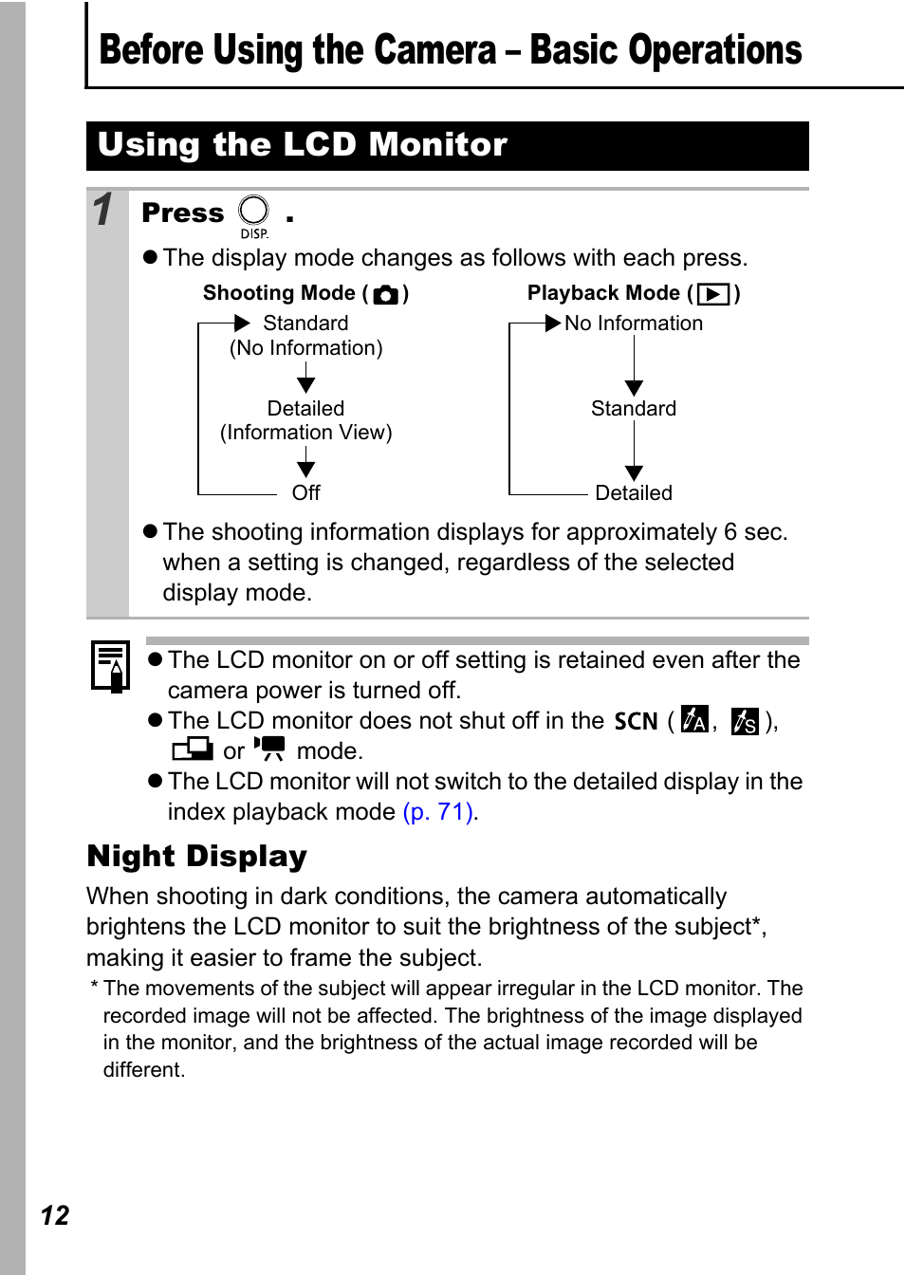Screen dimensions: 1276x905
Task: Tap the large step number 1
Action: (x=104, y=210)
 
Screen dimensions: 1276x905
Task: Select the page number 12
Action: (x=55, y=1215)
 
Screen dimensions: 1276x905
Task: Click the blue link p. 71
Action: (x=438, y=812)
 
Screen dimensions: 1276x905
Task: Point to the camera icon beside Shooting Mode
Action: (x=386, y=294)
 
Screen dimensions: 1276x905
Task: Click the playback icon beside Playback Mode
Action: (x=713, y=294)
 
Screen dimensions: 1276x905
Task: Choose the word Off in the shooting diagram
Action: (x=305, y=493)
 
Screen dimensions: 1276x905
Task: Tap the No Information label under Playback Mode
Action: (x=634, y=324)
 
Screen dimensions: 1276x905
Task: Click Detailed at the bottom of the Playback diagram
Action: (x=634, y=493)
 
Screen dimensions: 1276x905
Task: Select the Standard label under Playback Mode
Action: (x=634, y=409)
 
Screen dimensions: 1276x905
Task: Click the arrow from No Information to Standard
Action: (x=634, y=366)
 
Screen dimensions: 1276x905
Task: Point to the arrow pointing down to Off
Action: (x=305, y=463)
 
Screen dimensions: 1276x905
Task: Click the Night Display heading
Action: (x=197, y=857)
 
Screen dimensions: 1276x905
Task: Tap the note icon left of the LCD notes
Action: (x=110, y=666)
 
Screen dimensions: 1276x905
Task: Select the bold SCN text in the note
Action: (x=636, y=722)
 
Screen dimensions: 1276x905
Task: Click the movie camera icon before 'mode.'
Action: (x=269, y=749)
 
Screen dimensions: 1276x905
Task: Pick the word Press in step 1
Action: (x=183, y=213)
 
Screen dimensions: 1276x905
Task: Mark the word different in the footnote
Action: (x=142, y=1070)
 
